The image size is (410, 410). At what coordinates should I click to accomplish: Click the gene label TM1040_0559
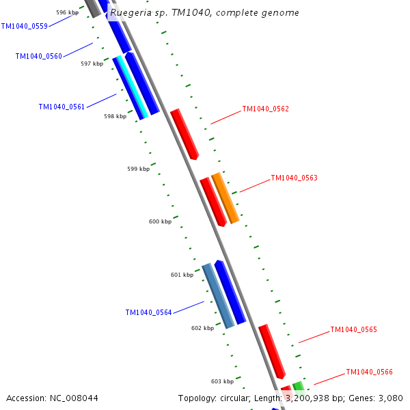pyautogui.click(x=24, y=26)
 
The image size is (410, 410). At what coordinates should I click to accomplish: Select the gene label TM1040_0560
pyautogui.click(x=38, y=56)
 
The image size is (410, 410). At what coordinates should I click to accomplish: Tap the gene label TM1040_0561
pyautogui.click(x=61, y=107)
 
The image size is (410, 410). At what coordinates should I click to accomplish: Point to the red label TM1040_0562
pyautogui.click(x=265, y=109)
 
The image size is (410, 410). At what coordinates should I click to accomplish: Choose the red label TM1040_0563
pyautogui.click(x=294, y=178)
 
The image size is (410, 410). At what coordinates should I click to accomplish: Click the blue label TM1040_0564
pyautogui.click(x=148, y=312)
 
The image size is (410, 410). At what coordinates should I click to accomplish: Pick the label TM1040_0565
pyautogui.click(x=353, y=329)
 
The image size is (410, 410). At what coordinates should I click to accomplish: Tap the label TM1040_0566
pyautogui.click(x=369, y=372)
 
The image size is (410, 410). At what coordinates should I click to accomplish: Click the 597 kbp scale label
pyautogui.click(x=92, y=64)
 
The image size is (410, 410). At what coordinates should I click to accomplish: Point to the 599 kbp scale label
pyautogui.click(x=138, y=169)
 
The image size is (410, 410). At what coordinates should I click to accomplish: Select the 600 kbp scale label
pyautogui.click(x=160, y=221)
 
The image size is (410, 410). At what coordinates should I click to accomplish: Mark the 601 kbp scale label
pyautogui.click(x=182, y=275)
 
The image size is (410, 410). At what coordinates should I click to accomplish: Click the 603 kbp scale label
pyautogui.click(x=222, y=381)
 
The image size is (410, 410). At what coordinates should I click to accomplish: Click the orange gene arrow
pyautogui.click(x=225, y=198)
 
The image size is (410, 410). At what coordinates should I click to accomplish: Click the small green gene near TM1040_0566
pyautogui.click(x=299, y=386)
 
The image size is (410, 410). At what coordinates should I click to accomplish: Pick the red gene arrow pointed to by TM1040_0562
pyautogui.click(x=184, y=133)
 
